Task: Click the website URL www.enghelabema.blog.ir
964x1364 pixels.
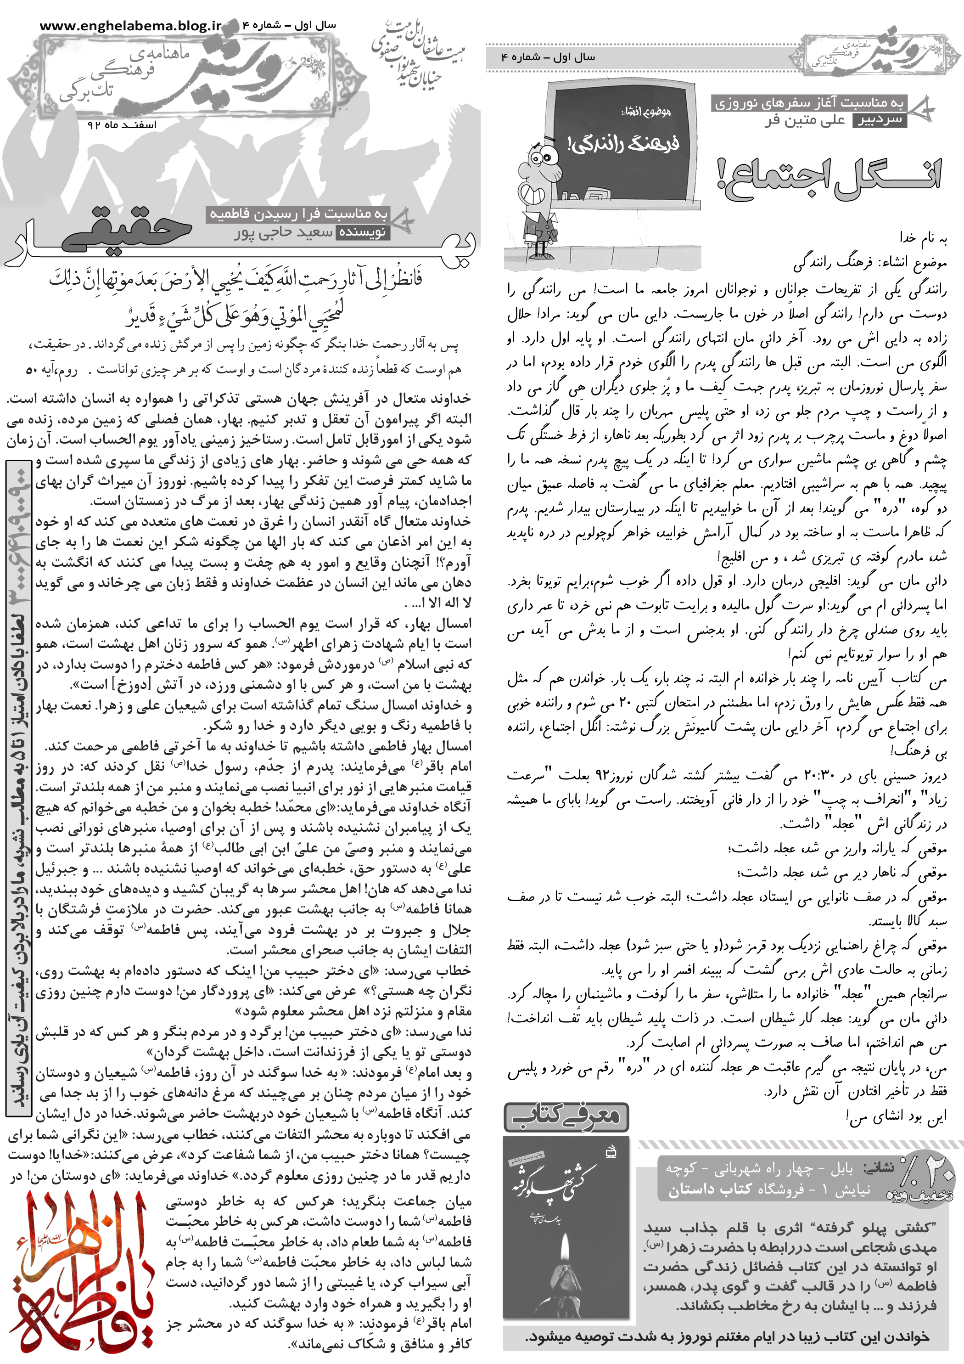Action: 130,26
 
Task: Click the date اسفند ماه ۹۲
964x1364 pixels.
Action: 122,125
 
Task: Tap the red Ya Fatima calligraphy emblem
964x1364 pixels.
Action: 80,1278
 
